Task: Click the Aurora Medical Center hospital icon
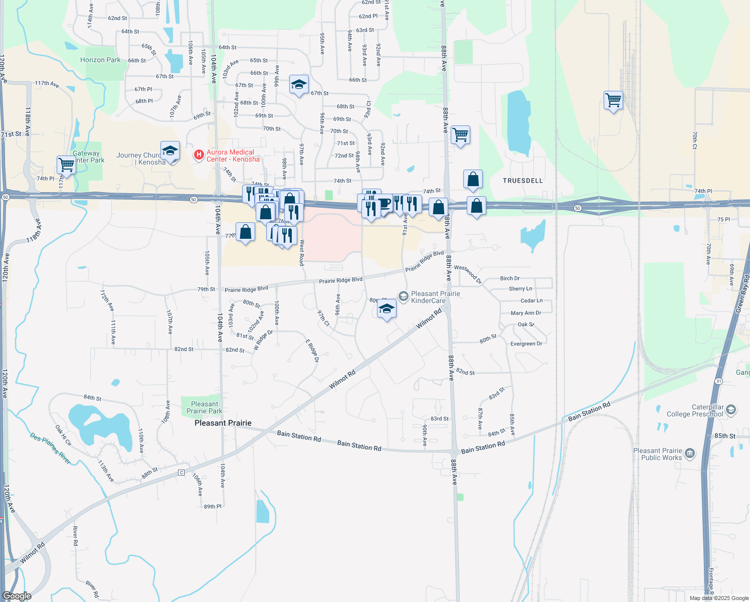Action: click(x=199, y=155)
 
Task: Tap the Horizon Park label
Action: click(x=100, y=60)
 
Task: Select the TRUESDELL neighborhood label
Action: click(x=523, y=181)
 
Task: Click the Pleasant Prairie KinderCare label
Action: click(x=435, y=297)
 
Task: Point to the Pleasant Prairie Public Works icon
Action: click(x=690, y=454)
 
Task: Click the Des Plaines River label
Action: click(x=50, y=448)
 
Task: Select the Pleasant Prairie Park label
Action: click(x=205, y=407)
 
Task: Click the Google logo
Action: click(x=17, y=596)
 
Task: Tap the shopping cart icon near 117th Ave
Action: click(x=66, y=164)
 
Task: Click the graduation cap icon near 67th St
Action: click(x=299, y=85)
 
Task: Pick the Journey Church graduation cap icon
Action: click(x=170, y=150)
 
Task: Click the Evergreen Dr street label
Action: click(x=526, y=344)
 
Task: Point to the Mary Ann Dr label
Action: click(x=526, y=313)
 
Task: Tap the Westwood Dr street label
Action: click(x=468, y=274)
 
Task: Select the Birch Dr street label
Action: click(x=510, y=278)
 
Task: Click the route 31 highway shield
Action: click(x=719, y=381)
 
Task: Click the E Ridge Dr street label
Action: click(x=312, y=351)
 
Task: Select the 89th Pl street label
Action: click(x=213, y=507)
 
